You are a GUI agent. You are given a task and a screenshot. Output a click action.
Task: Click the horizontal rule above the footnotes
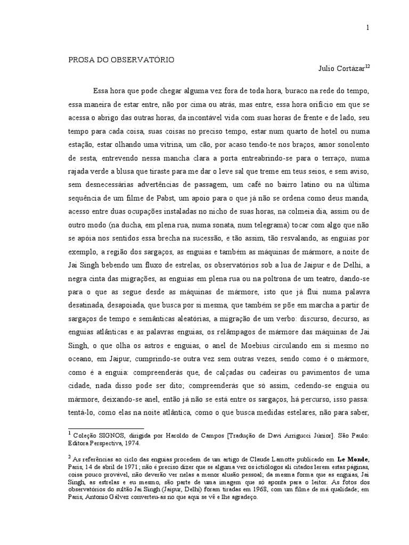click(106, 428)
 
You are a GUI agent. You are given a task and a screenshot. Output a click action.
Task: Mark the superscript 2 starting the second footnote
click(70, 457)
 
